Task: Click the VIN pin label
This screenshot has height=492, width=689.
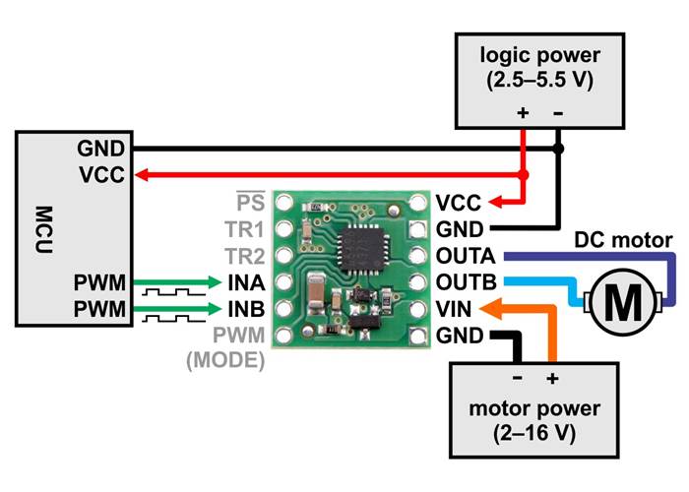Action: pyautogui.click(x=454, y=310)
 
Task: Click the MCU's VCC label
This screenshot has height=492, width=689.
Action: pyautogui.click(x=102, y=175)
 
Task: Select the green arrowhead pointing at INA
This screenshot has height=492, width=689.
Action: pyautogui.click(x=222, y=283)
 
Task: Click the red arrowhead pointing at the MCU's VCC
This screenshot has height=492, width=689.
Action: pyautogui.click(x=142, y=175)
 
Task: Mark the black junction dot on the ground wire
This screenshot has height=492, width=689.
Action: pyautogui.click(x=558, y=150)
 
